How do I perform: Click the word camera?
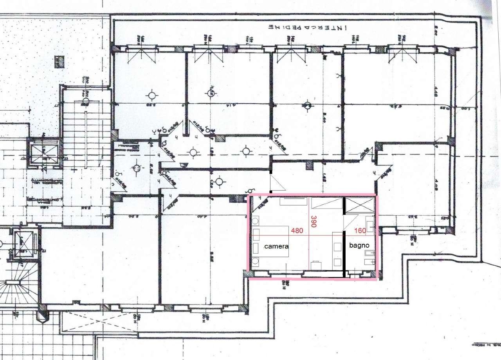pos(276,247)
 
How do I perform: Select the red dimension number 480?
pos(296,231)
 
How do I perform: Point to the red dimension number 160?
pos(360,231)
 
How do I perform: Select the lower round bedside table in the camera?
pos(256,262)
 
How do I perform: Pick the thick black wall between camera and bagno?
pos(344,252)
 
